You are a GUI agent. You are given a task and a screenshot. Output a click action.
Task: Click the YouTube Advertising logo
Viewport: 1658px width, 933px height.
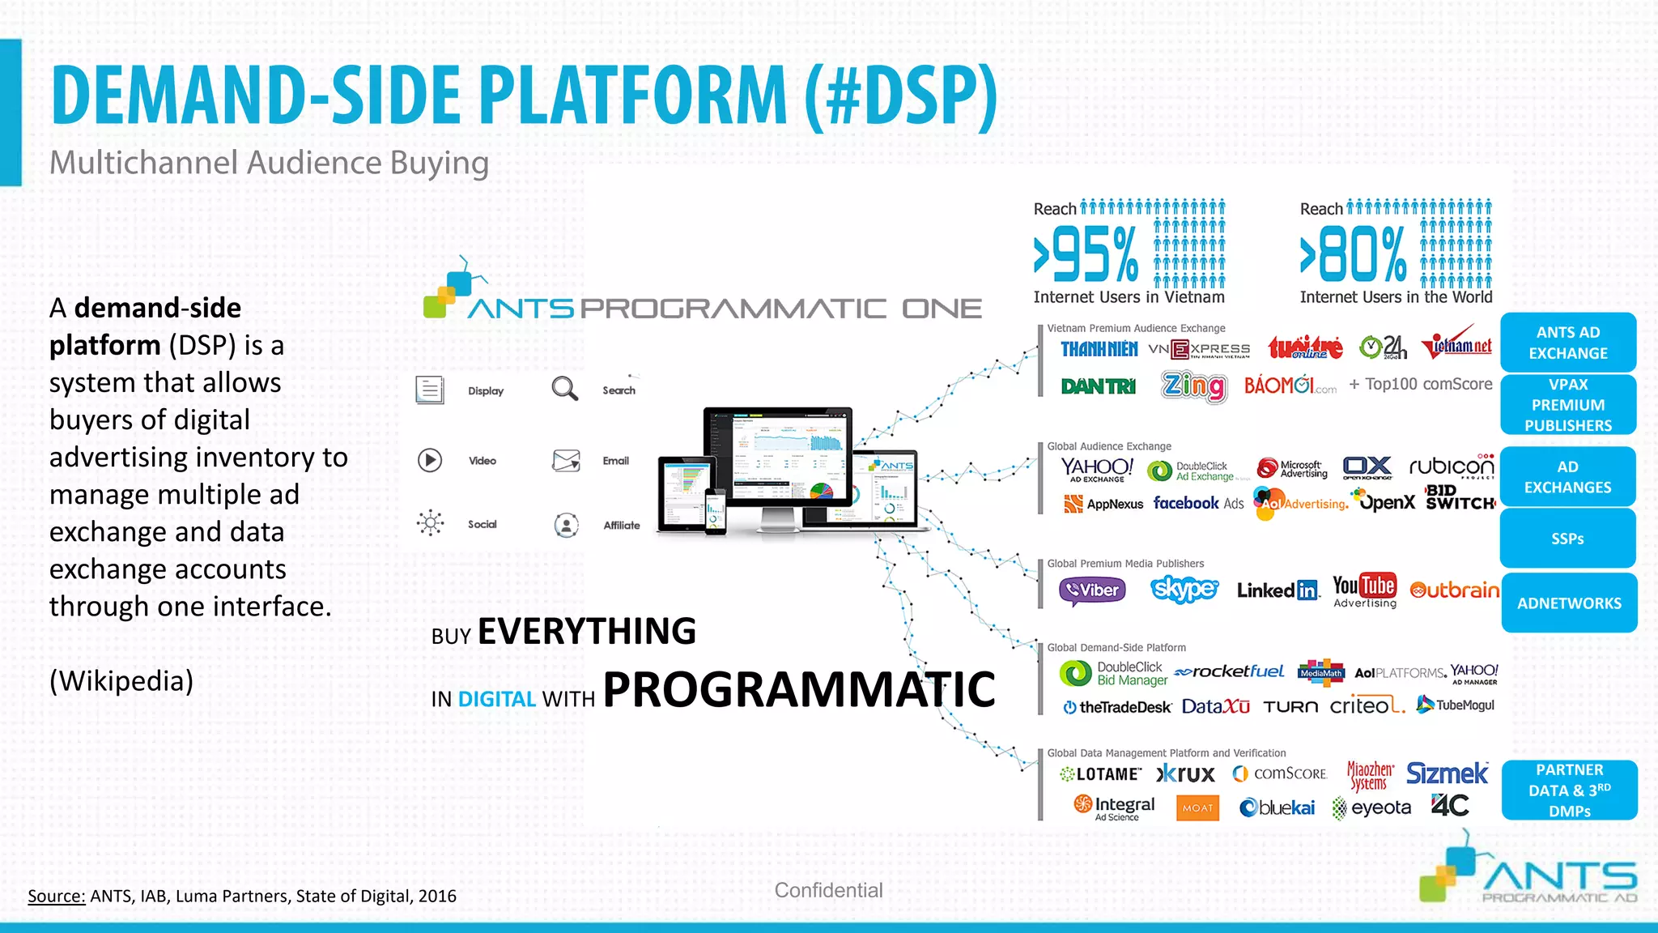point(1364,590)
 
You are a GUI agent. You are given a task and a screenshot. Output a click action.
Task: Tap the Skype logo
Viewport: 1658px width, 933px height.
point(1184,589)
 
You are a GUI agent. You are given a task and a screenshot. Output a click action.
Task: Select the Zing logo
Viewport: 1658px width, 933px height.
point(1194,386)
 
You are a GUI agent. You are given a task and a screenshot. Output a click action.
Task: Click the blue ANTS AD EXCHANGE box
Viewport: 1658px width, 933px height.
point(1567,343)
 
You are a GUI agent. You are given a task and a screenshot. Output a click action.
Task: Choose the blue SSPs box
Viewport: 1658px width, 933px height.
point(1567,539)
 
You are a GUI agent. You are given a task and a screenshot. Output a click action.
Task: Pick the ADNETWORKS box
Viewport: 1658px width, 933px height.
point(1568,603)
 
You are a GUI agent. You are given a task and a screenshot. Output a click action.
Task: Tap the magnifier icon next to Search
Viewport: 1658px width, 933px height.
point(564,389)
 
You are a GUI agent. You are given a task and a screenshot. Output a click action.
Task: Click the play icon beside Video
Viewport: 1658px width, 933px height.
point(430,460)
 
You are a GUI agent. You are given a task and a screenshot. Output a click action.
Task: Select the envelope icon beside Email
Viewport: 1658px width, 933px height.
point(566,460)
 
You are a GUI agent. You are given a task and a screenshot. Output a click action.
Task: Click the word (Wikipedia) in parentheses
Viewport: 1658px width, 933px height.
point(121,680)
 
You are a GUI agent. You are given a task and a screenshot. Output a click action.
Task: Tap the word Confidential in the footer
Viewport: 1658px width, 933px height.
point(828,890)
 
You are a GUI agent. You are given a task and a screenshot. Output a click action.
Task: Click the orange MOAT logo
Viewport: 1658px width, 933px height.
point(1197,807)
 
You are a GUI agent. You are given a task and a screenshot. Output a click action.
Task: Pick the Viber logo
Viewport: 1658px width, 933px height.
point(1092,590)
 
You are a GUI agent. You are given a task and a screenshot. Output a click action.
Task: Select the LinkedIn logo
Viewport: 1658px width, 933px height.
point(1278,590)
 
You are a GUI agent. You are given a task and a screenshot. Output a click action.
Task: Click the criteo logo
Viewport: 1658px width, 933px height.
point(1367,705)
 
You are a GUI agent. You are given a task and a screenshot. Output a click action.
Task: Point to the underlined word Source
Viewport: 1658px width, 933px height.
point(57,896)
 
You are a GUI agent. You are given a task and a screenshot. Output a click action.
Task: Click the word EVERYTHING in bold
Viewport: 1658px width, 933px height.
point(587,631)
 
